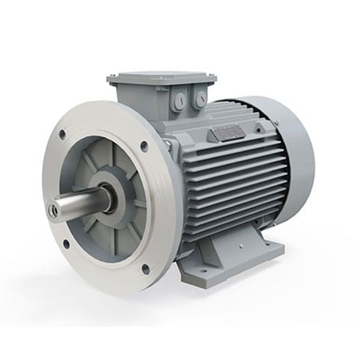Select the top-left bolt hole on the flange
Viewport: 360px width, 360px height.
click(x=62, y=134)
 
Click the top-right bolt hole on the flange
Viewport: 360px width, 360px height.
click(x=144, y=146)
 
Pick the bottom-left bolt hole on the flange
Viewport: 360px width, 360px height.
click(x=66, y=243)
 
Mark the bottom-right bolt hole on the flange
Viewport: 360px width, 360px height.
click(x=145, y=269)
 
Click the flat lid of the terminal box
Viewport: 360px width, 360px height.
click(x=161, y=77)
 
